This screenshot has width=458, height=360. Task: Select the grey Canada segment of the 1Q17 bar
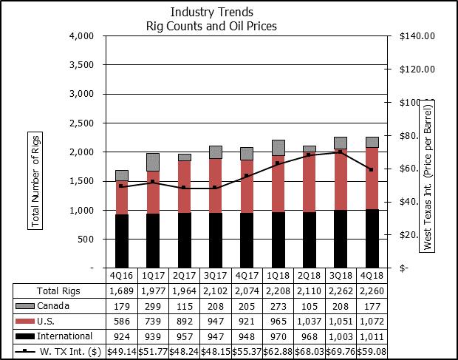tap(153, 162)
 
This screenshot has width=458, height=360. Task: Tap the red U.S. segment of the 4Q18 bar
tap(372, 177)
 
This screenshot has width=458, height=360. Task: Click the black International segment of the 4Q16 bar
tap(122, 240)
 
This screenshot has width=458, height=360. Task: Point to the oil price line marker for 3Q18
tap(340, 152)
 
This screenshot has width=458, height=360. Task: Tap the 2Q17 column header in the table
tap(185, 275)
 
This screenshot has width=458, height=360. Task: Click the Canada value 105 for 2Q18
tap(310, 305)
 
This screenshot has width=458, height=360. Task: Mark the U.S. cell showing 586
tap(122, 321)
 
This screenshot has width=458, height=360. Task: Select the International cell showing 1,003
tap(341, 336)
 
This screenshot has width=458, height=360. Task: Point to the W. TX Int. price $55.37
tap(247, 352)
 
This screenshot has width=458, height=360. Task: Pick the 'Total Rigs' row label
tap(58, 290)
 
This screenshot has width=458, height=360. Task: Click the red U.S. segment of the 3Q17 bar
tap(216, 186)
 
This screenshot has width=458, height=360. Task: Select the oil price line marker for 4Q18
tap(372, 169)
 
